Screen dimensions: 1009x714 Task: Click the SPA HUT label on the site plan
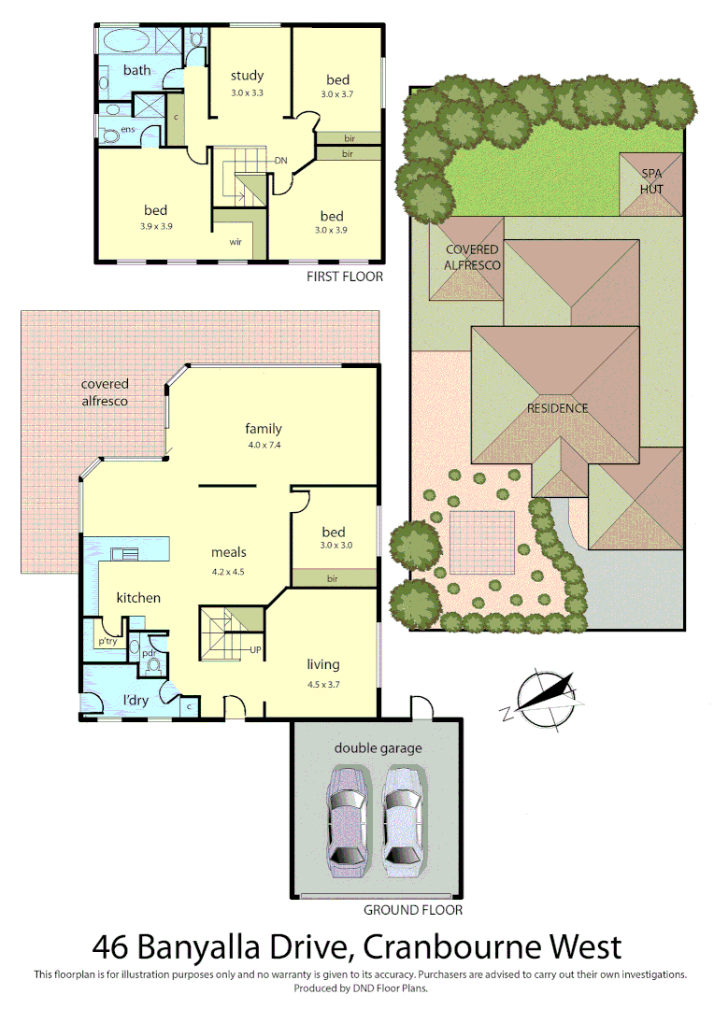point(650,181)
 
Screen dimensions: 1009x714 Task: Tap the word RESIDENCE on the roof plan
point(557,408)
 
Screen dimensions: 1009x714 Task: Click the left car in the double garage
point(347,819)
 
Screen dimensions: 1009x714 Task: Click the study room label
point(248,76)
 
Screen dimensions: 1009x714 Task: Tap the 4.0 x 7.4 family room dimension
point(264,445)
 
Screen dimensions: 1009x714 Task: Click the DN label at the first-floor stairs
point(281,161)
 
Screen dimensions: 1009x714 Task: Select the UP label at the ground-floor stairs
point(254,649)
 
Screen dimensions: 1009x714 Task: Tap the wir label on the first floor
point(236,241)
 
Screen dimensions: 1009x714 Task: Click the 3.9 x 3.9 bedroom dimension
point(155,227)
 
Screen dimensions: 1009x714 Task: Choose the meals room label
point(228,552)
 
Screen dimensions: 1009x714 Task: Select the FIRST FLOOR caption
point(345,277)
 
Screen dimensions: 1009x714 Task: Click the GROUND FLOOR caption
point(413,909)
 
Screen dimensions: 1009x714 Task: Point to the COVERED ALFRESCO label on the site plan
point(473,257)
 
